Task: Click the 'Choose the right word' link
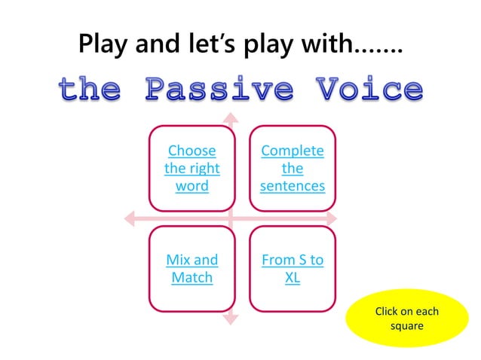pos(191,168)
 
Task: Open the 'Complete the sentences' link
pos(293,168)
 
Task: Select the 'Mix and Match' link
pos(191,269)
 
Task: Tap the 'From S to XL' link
pos(293,269)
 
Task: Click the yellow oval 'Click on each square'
pos(406,319)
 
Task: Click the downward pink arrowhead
pos(231,319)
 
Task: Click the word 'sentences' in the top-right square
pos(293,185)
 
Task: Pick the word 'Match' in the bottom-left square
pos(191,278)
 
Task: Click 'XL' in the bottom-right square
pos(293,278)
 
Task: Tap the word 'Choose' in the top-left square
pos(191,151)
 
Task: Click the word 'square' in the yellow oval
pos(406,327)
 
